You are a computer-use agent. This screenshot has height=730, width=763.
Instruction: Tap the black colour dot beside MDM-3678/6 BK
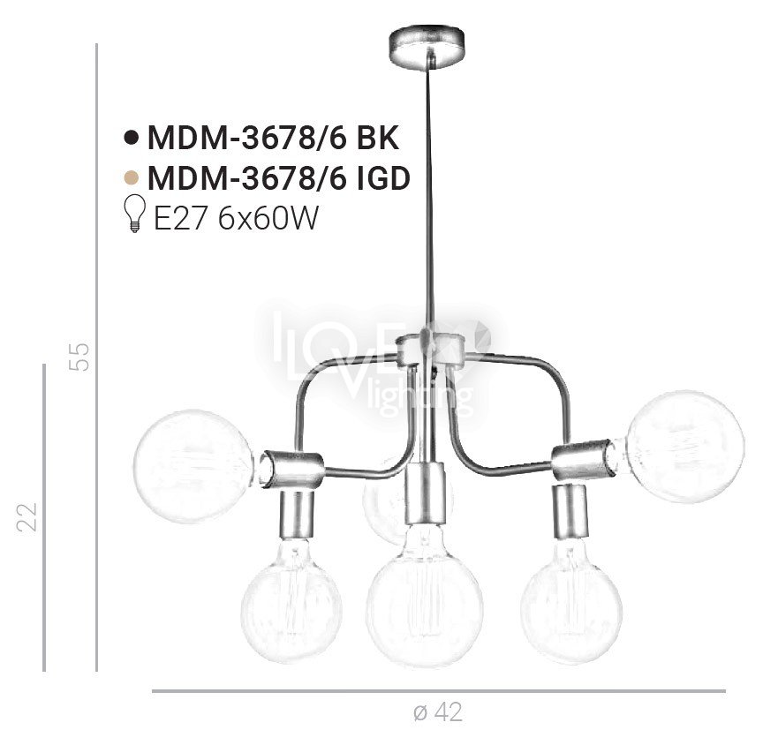pos(131,138)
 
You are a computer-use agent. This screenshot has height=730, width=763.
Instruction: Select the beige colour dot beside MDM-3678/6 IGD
pos(131,178)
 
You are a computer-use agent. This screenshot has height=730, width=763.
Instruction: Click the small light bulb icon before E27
pos(135,213)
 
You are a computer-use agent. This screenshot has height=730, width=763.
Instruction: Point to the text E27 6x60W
pos(236,217)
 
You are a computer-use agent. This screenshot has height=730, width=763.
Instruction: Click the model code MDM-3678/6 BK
pos(273,138)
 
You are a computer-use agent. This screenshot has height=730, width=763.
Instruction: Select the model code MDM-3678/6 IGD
pos(279,178)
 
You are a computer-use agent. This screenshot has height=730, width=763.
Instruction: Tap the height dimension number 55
pos(79,357)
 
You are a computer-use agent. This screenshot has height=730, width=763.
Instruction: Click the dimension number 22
pos(27,516)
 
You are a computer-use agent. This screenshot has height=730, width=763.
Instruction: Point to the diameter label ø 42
pos(438,712)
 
